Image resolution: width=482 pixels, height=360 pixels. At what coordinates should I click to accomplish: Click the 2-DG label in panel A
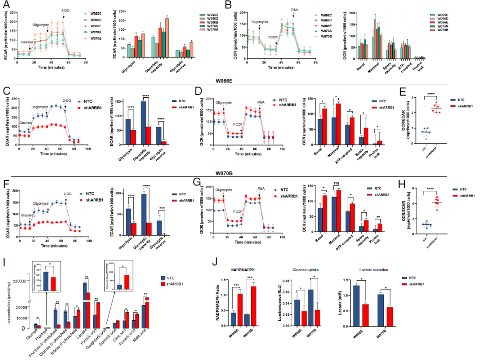[66, 10]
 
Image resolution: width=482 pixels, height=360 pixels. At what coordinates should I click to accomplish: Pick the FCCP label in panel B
[273, 37]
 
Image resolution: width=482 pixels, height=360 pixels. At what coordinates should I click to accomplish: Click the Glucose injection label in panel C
[26, 123]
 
